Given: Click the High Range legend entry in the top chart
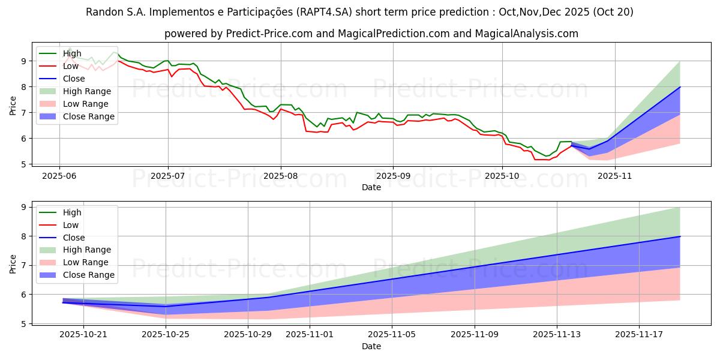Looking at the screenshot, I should [x=87, y=91].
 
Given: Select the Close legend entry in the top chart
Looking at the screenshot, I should [x=74, y=79].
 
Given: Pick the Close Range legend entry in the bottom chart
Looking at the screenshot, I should [x=88, y=275].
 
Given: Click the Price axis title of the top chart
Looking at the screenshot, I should [x=13, y=106].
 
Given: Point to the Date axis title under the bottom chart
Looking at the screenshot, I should [x=371, y=346].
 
